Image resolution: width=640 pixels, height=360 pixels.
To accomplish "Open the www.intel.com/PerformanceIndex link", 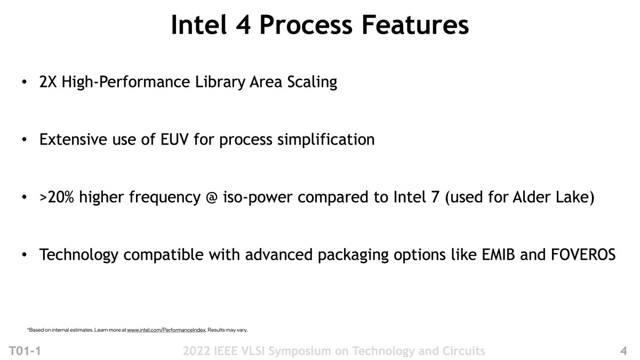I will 166,330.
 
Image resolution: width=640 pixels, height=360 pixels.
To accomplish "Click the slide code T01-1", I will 25,351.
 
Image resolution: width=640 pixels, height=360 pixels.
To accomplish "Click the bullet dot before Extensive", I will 25,140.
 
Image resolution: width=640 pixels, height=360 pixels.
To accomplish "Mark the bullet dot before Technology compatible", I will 25,255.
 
